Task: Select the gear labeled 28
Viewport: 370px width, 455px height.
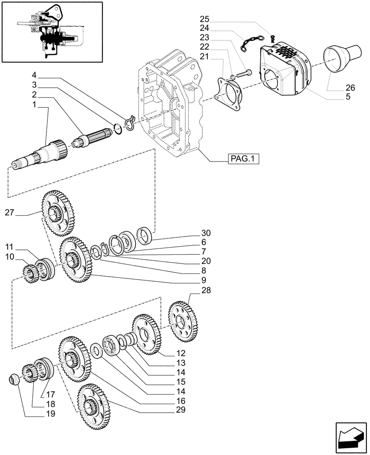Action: point(183,323)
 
